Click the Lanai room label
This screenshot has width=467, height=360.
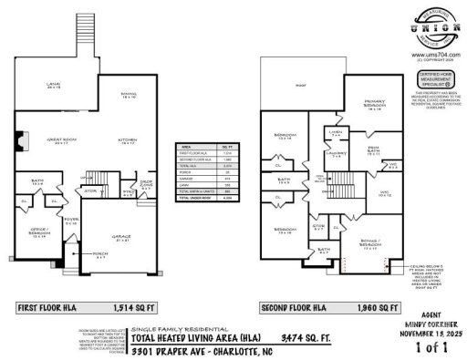pos(54,87)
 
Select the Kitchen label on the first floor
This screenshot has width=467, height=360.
pos(126,141)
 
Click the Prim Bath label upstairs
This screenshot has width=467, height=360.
pos(372,150)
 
